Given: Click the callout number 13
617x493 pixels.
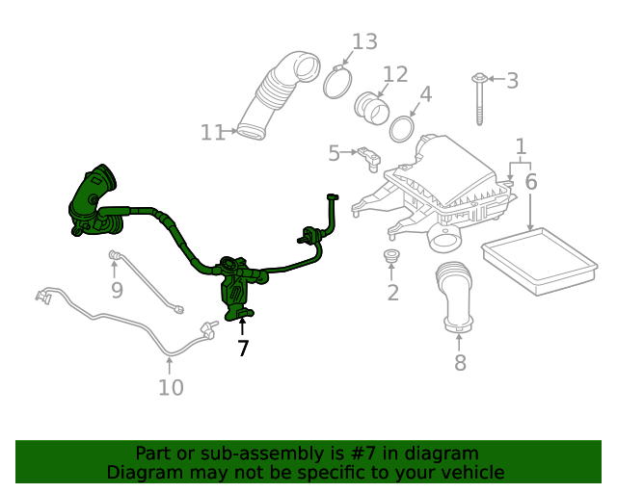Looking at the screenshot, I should pos(364,41).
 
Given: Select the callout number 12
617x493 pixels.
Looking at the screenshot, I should pos(395,74).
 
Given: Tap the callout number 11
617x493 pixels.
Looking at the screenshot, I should pos(212,133).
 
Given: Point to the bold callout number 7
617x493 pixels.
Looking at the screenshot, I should pos(243,349).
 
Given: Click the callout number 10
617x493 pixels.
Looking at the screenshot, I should pos(170,388).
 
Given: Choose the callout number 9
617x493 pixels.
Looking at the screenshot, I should pos(116,289).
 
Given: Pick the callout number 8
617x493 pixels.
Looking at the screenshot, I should pos(460,362).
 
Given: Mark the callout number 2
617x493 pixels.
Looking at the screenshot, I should pos(392,293).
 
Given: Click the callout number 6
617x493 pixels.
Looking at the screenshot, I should pos(530,181).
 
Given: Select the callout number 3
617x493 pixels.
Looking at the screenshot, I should pos(512,81).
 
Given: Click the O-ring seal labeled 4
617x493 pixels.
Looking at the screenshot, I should pos(403,128).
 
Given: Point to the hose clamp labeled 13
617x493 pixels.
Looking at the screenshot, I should pos(336,81).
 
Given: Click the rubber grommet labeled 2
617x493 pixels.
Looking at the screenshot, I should pos(391,256).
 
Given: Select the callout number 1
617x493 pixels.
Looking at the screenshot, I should pos(521,146).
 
